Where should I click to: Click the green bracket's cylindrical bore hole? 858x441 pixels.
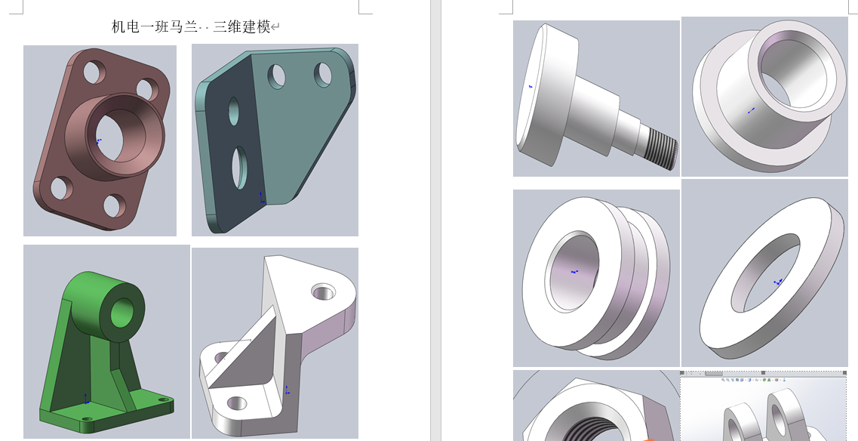tap(122, 313)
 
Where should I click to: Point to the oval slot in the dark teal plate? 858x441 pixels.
tap(239, 168)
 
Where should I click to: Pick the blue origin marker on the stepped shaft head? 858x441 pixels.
tap(530, 86)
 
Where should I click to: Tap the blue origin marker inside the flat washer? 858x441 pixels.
tap(777, 282)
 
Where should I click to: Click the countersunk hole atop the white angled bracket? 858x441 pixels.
tap(323, 291)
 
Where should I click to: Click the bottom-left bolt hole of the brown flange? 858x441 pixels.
tap(61, 188)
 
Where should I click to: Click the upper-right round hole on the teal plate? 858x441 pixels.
tap(322, 75)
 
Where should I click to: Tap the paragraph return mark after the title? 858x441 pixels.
tap(275, 27)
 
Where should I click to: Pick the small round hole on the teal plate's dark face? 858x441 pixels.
tap(233, 111)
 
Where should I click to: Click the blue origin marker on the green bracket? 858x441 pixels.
tap(86, 399)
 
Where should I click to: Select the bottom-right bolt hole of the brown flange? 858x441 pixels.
tap(115, 205)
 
